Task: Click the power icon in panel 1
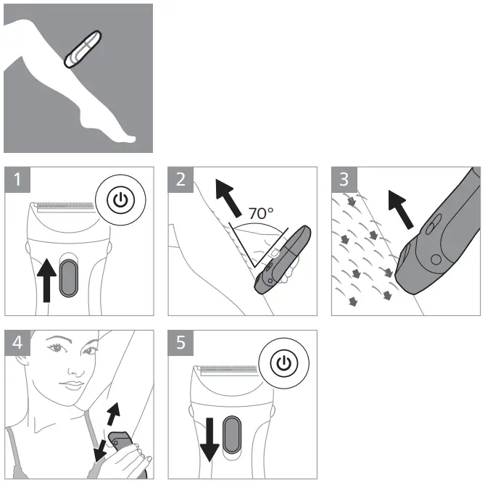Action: tap(120, 200)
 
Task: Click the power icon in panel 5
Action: tap(283, 363)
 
